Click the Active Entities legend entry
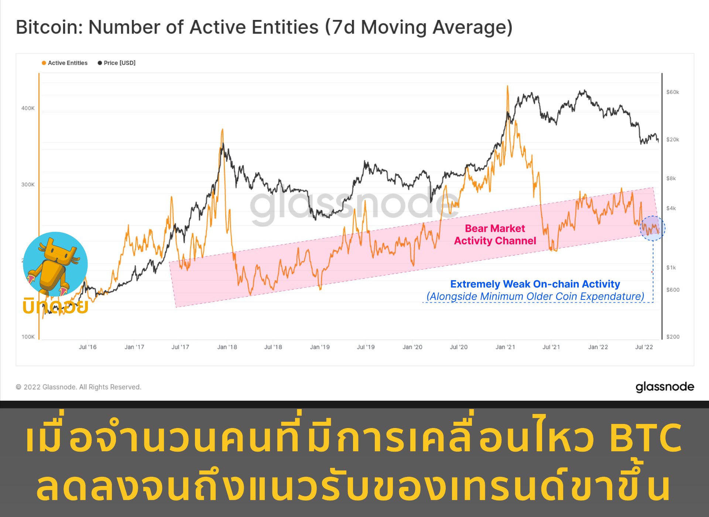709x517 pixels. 65,63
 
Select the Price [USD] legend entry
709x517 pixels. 117,63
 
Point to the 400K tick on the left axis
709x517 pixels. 28,108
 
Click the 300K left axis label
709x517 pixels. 28,185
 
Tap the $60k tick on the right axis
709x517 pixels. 672,92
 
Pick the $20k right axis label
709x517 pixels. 672,140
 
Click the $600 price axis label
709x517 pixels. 672,290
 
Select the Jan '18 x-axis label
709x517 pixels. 227,347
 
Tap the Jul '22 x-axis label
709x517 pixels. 644,347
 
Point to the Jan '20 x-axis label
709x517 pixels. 412,347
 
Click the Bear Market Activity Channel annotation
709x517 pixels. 495,235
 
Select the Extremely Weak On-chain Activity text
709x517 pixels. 535,284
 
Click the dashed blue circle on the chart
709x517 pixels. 653,229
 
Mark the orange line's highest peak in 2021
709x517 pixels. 507,87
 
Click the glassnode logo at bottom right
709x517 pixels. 665,387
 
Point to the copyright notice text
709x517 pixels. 78,387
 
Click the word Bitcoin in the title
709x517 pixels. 49,27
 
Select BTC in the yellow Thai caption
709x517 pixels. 645,438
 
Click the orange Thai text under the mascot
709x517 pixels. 55,307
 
